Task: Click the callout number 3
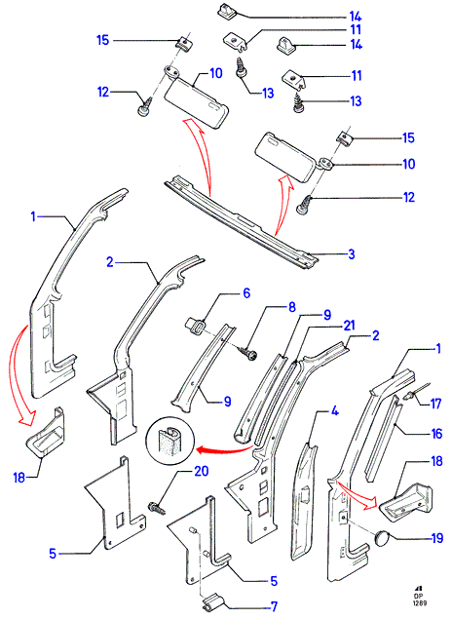pos(352,254)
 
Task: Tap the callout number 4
pos(334,411)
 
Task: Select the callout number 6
pos(246,293)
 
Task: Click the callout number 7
pos(274,606)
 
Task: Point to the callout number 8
pos(292,307)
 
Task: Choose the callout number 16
pos(436,434)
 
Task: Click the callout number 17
pos(435,404)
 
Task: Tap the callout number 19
pos(437,538)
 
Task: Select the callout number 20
pos(201,471)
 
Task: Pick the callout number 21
pos(349,326)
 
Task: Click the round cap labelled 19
pos(382,538)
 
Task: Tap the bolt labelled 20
pos(157,508)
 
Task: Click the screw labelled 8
pos(248,353)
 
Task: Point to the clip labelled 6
pos(195,328)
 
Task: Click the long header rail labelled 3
pos(242,221)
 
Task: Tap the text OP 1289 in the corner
pos(420,600)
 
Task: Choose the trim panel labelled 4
pos(305,501)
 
